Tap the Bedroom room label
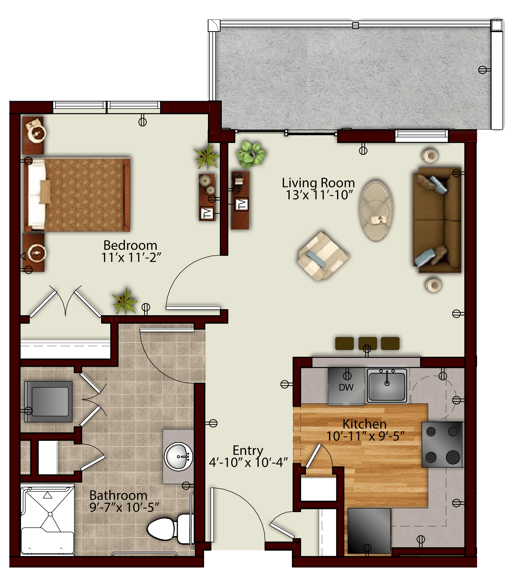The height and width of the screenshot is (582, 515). tap(130, 245)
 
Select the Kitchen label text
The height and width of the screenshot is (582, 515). tap(365, 424)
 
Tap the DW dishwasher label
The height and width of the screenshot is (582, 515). tap(346, 387)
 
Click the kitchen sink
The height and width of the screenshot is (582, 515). tap(387, 385)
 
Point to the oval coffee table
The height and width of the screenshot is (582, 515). tap(376, 211)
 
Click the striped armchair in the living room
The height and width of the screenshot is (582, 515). tap(323, 256)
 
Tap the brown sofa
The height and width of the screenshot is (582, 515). tap(437, 220)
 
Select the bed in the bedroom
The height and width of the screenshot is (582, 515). tap(77, 194)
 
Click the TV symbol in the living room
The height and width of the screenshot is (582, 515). tap(241, 204)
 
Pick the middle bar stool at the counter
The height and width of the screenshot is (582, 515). tap(367, 343)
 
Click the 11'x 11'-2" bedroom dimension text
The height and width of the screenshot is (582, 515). tap(131, 257)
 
